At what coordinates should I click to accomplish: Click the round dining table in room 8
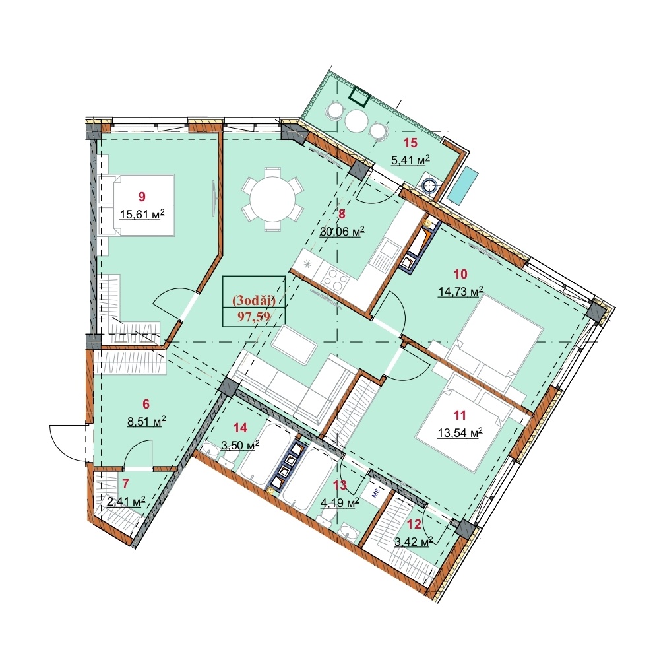272,199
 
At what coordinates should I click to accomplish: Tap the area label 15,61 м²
142,215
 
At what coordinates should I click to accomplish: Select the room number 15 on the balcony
410,143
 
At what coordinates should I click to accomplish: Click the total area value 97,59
254,317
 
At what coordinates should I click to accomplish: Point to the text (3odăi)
254,300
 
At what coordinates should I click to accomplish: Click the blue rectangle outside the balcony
463,185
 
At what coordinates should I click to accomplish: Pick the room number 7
125,483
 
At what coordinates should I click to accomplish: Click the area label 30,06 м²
342,232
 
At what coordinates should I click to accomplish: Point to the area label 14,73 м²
460,292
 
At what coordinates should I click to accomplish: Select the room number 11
460,415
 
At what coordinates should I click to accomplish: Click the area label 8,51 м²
146,421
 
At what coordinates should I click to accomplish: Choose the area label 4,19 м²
340,502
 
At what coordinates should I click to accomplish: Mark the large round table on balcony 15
357,121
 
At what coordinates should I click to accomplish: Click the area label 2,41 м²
126,502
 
